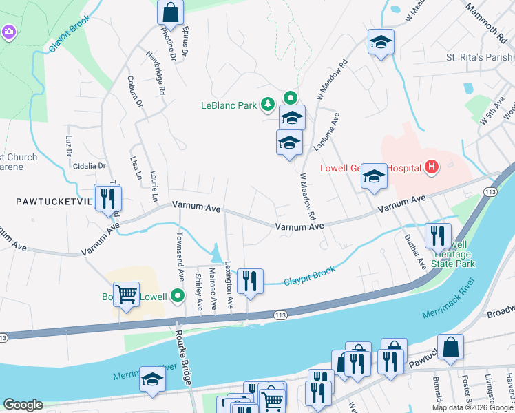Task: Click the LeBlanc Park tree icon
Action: (x=267, y=105)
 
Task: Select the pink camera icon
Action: (x=8, y=32)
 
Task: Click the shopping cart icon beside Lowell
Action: (x=127, y=295)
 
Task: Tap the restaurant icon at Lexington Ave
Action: (x=249, y=281)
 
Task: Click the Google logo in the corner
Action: (x=23, y=405)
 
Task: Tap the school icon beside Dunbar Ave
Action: (x=374, y=178)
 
